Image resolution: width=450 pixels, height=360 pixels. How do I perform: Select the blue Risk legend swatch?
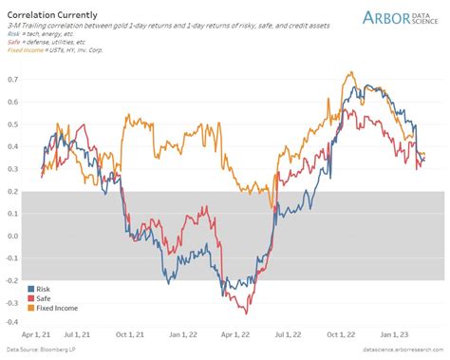(32, 289)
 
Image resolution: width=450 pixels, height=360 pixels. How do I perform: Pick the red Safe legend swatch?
(32, 298)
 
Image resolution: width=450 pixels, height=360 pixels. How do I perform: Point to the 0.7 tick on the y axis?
(13, 80)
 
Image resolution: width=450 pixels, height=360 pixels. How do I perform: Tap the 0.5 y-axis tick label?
(13, 124)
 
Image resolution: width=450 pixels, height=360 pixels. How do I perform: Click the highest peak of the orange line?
(351, 72)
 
